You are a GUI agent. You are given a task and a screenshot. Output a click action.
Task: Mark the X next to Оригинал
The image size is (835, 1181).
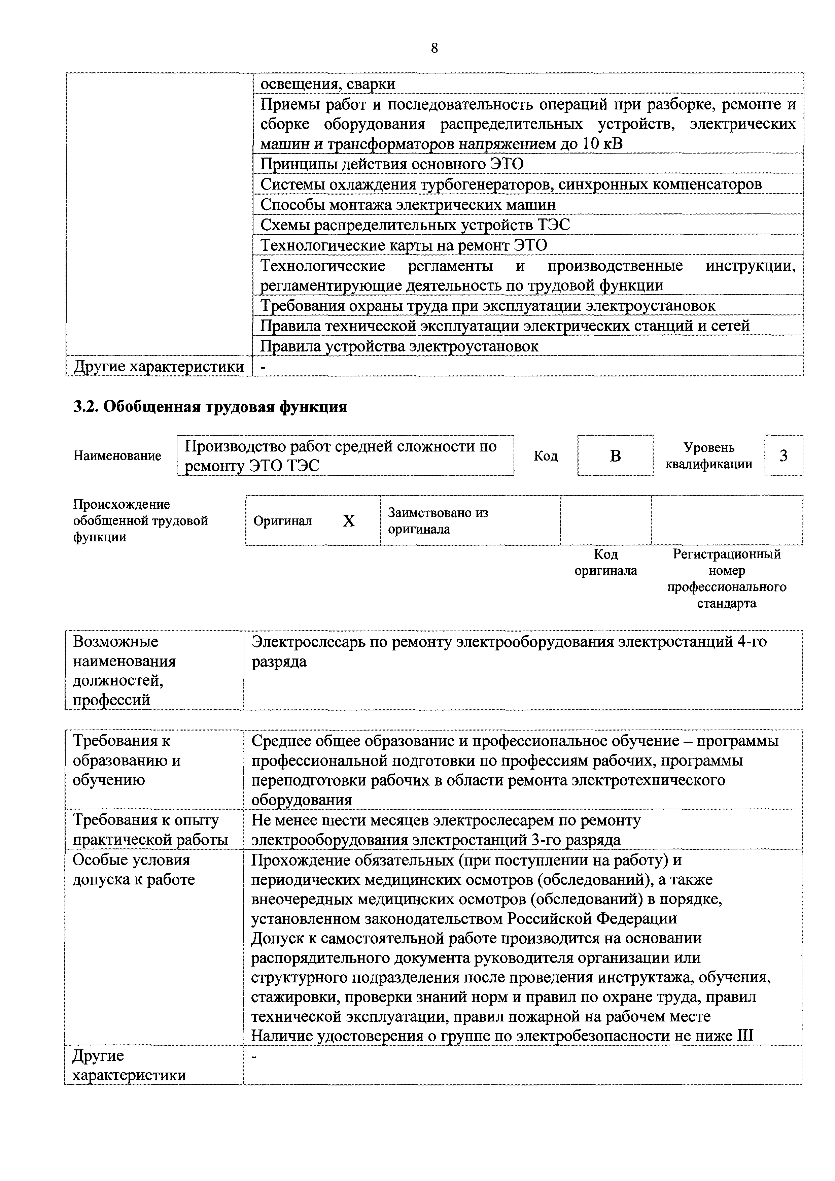349,521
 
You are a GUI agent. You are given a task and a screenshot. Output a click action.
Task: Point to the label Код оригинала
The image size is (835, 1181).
606,562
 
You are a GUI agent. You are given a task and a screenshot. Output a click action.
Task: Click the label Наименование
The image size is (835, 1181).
117,456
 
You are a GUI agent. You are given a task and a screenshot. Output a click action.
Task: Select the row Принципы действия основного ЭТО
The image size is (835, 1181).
392,164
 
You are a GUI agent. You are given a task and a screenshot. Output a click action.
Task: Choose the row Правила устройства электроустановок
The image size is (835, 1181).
399,346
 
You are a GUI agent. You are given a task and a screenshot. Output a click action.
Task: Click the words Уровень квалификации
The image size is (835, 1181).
708,456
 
